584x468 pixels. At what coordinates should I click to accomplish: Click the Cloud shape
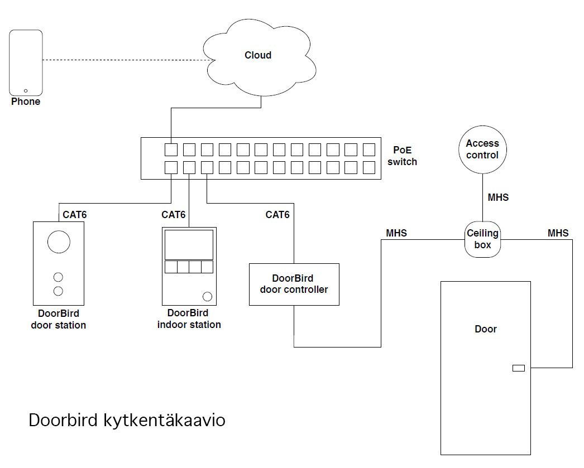point(259,57)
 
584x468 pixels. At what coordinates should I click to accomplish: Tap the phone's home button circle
point(26,91)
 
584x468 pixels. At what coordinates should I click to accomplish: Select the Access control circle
point(482,149)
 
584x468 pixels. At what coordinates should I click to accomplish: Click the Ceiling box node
point(483,239)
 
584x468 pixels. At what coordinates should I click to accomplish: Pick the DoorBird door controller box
point(294,284)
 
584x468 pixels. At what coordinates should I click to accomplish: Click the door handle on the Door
point(519,368)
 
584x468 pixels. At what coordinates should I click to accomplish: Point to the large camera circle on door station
point(59,242)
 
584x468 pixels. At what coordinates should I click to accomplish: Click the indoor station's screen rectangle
point(189,245)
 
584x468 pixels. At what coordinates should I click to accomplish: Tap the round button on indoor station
point(207,297)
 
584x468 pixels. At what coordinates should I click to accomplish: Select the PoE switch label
point(402,156)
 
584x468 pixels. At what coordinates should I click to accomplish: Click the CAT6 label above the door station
point(74,215)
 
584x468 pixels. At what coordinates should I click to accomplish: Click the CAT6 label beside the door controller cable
point(277,215)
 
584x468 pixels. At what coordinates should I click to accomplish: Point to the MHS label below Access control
point(498,197)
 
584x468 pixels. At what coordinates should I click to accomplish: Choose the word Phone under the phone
point(26,102)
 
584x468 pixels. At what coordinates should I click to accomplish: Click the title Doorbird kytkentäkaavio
point(127,420)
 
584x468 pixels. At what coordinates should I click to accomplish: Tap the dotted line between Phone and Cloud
point(129,60)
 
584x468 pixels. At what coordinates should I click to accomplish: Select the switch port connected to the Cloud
point(171,149)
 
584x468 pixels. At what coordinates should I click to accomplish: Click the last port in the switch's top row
point(368,149)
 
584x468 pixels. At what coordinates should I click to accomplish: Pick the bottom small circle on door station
point(58,291)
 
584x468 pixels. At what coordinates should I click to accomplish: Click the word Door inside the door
point(486,329)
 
